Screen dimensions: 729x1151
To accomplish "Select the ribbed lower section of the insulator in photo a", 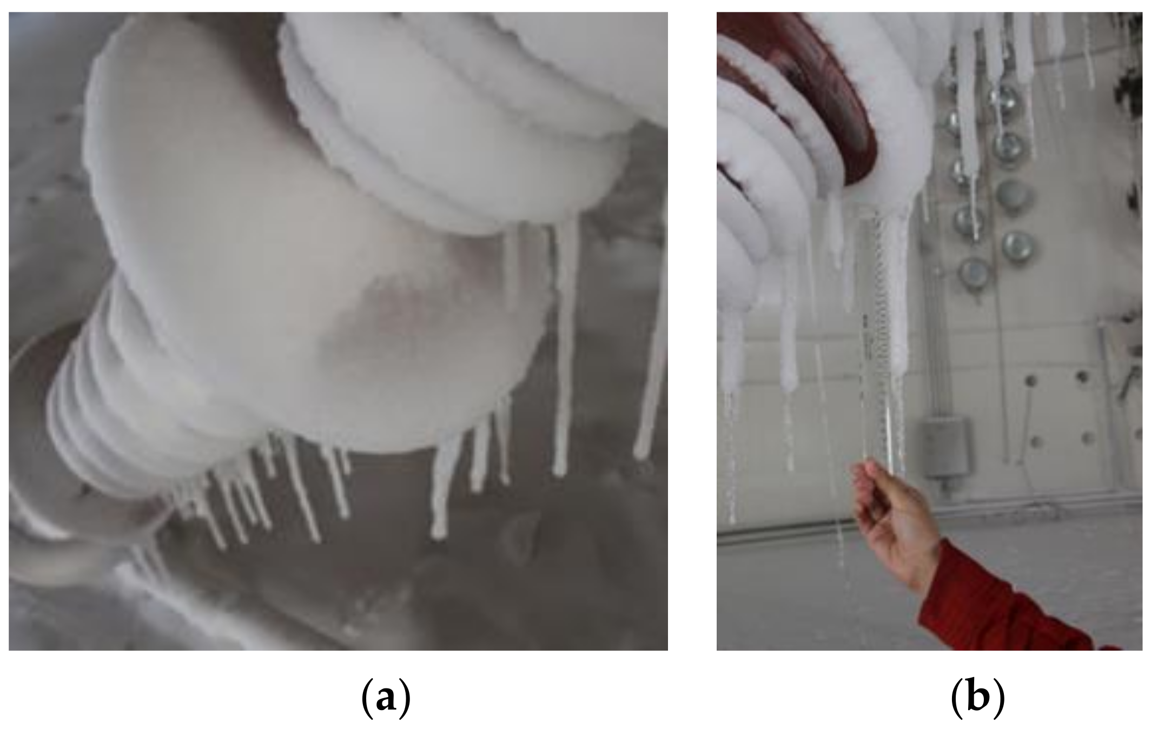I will click(108, 416).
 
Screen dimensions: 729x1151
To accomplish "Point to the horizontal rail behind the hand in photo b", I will click(784, 533).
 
